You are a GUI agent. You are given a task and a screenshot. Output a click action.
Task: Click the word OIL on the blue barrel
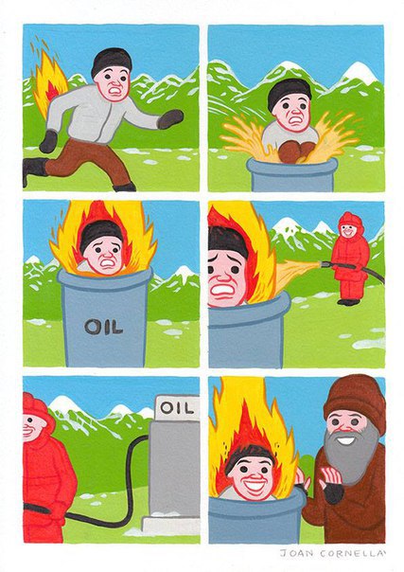coord(104,327)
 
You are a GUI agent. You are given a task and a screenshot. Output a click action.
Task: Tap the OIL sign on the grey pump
coord(177,408)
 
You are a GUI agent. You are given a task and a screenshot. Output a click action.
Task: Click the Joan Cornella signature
coord(332,553)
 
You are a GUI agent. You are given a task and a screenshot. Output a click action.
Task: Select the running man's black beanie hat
coord(111,61)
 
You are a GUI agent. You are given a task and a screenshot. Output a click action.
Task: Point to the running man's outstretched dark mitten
coord(169,119)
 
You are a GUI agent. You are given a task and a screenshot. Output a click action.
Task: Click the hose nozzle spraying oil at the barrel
coord(326,263)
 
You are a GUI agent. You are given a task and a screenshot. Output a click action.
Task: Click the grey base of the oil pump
coord(170,526)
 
